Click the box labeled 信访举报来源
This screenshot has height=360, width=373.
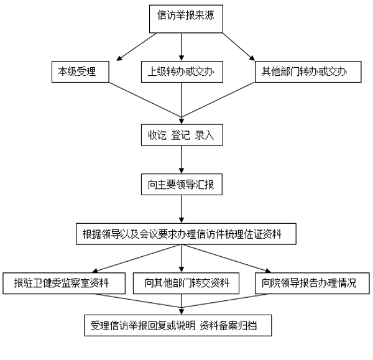[x=186, y=19]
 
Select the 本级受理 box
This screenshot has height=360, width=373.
[x=80, y=72]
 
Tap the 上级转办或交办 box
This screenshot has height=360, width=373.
[x=182, y=72]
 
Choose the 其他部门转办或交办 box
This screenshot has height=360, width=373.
[x=308, y=72]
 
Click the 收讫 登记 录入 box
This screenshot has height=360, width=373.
[x=182, y=135]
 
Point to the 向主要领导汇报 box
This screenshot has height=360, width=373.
[x=182, y=185]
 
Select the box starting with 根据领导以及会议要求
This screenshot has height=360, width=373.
[x=186, y=234]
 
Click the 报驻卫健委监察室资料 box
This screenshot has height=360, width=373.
[x=64, y=283]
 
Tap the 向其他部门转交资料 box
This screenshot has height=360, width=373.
[x=186, y=283]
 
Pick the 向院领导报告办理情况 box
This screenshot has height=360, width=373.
[x=312, y=283]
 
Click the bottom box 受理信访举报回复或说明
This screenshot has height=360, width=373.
[x=178, y=325]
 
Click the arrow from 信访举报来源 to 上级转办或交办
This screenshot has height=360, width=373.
[x=182, y=47]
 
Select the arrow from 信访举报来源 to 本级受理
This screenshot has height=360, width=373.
[x=137, y=47]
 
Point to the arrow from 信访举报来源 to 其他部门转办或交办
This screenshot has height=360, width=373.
[x=239, y=47]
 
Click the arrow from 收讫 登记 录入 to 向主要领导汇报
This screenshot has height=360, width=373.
[x=182, y=159]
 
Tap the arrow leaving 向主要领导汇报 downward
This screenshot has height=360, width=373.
[x=182, y=209]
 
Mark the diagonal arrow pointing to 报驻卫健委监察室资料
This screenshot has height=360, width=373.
[x=137, y=259]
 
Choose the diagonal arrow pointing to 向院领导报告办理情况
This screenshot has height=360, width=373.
[x=226, y=259]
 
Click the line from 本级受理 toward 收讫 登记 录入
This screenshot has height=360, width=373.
[x=145, y=100]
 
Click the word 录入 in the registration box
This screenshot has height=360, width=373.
[x=205, y=135]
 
